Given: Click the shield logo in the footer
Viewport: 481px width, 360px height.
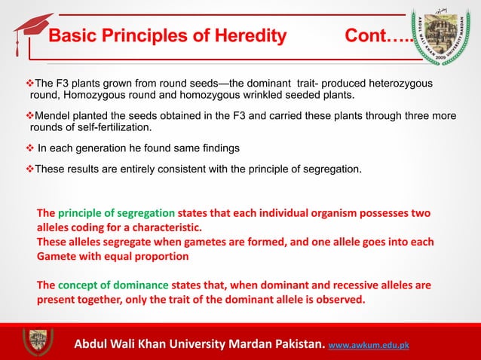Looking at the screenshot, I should (x=37, y=340).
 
